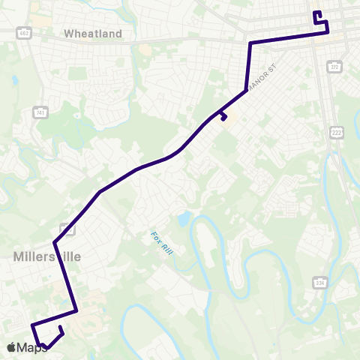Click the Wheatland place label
click(x=93, y=34)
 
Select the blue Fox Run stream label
click(x=161, y=243)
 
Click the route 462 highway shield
click(x=25, y=33)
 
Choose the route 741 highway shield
click(x=40, y=112)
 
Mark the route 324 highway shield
click(x=320, y=282)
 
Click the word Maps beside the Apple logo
click(x=33, y=347)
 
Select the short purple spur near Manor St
click(x=223, y=116)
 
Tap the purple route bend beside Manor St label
click(x=247, y=91)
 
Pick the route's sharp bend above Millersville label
click(x=55, y=242)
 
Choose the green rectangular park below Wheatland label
click(x=77, y=73)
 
